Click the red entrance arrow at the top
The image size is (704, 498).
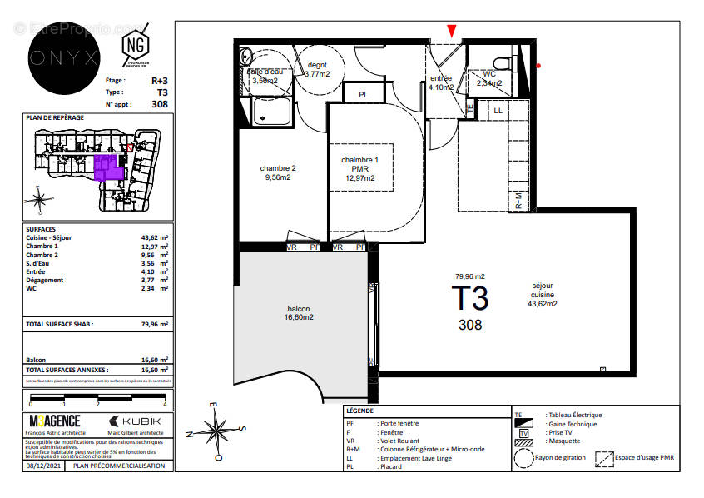(x=452, y=31)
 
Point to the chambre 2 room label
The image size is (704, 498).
(x=277, y=172)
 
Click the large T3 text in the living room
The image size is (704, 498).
(x=470, y=298)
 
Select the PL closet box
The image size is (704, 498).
(x=364, y=95)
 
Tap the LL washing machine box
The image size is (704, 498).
(x=498, y=109)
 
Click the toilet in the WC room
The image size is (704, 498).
(x=501, y=62)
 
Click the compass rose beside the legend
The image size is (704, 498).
(x=215, y=430)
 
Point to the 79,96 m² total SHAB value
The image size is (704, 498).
(x=154, y=324)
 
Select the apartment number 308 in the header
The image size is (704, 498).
(x=160, y=104)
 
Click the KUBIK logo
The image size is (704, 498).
(x=136, y=421)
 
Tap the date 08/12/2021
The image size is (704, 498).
(x=42, y=466)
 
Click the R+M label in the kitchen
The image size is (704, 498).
(x=519, y=200)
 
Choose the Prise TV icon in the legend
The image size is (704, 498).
(x=523, y=434)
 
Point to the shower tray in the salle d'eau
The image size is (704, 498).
(x=270, y=110)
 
